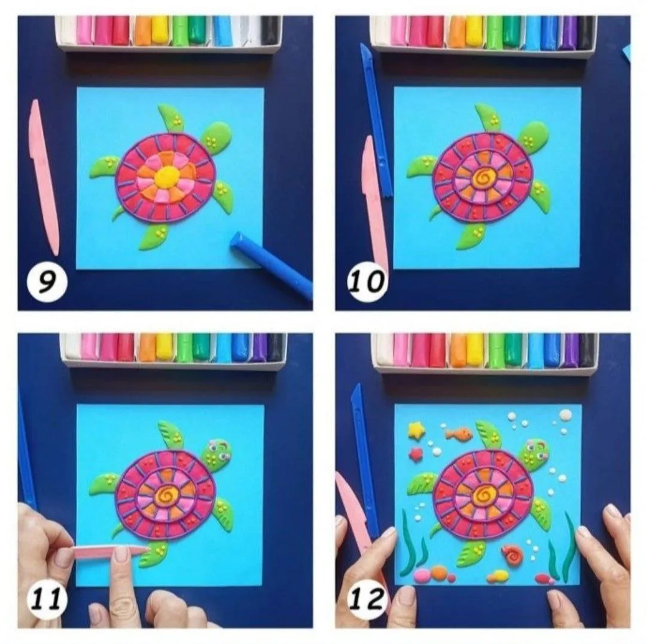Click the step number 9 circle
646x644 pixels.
47,282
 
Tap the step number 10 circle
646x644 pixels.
367,282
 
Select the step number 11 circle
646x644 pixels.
47,600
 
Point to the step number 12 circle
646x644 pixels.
367,600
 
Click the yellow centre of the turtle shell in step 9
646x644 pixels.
166,177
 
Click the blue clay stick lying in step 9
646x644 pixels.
270,264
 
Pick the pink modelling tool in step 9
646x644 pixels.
44,177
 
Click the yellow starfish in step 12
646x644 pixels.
416,430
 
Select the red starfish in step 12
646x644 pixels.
416,454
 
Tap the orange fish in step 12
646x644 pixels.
458,434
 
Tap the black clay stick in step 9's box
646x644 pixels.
270,30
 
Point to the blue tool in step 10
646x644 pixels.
376,120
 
